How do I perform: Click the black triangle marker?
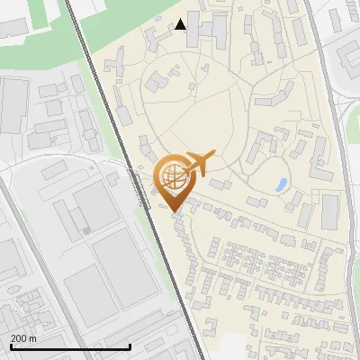(182, 24)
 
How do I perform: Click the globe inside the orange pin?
(172, 177)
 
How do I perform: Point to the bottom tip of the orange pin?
(174, 211)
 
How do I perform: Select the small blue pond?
(282, 185)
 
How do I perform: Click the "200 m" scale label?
(23, 338)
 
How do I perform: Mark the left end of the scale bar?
(11, 346)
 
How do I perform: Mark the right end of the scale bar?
(130, 346)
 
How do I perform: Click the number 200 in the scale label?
(18, 338)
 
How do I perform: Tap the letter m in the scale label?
(32, 338)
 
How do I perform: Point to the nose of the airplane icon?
(214, 156)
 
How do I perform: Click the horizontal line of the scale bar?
(70, 346)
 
